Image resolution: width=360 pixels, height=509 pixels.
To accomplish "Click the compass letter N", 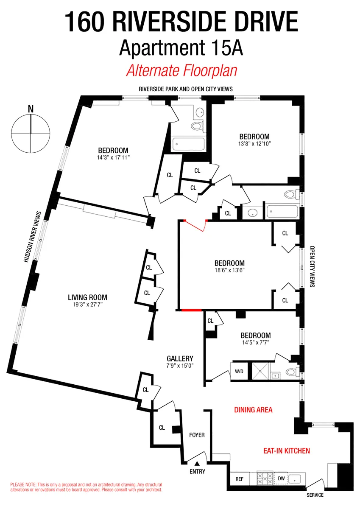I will point(31,109).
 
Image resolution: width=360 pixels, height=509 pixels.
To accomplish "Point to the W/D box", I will point(239,372).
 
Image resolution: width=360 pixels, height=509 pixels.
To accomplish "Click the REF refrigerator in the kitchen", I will point(239,479).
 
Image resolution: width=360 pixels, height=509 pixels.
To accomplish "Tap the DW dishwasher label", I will point(281,479).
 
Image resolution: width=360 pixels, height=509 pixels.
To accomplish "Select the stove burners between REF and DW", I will point(265,479).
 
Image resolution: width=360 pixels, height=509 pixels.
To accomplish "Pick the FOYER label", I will point(197,435).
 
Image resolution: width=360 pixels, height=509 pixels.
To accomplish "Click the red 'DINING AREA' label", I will point(253,410).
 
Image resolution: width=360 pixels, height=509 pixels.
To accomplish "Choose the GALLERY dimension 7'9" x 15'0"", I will point(180,366).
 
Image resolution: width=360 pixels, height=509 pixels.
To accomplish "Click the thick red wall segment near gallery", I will point(191,310).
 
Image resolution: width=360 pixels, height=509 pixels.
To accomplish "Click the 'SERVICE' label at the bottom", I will point(315,495).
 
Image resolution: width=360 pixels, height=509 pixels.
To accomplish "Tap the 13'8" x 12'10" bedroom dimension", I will point(254,143).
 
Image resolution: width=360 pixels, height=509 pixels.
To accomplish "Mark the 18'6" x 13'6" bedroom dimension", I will point(229,270).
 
